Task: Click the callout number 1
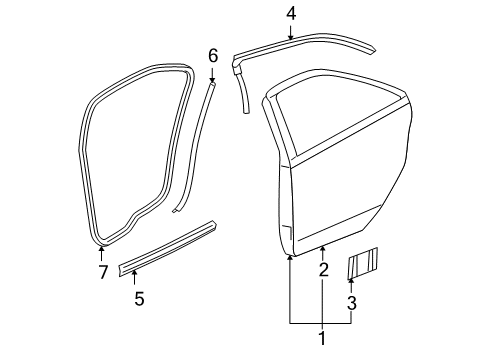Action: tap(321, 339)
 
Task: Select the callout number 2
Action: tap(322, 270)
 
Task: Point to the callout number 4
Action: tap(291, 14)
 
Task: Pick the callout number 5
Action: tap(138, 298)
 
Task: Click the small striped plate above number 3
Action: tap(361, 266)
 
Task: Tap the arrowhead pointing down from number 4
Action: tap(291, 35)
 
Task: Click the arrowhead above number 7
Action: tap(101, 249)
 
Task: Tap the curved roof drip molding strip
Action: tap(310, 49)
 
